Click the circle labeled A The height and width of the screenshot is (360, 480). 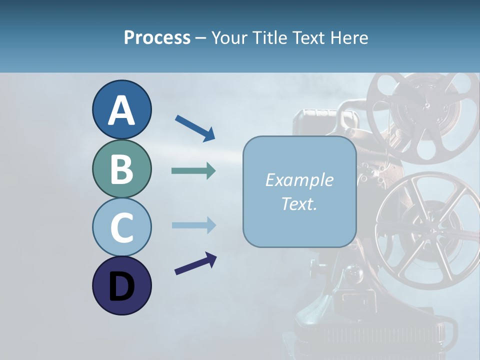tap(121, 109)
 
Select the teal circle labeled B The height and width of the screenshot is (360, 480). tap(121, 168)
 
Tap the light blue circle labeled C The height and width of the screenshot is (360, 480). tap(121, 227)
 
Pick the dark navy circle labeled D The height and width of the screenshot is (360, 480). tap(121, 285)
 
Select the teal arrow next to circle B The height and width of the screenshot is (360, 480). tap(193, 171)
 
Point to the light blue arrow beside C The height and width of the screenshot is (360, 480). tap(193, 225)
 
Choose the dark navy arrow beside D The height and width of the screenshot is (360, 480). tap(195, 263)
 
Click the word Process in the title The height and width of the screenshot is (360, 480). tap(157, 37)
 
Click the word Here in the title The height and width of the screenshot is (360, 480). tap(349, 37)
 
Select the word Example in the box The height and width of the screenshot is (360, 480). tap(299, 180)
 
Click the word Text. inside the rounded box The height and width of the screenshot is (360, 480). tap(299, 203)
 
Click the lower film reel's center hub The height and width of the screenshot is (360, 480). tap(431, 230)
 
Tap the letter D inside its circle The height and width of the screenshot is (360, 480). tap(121, 287)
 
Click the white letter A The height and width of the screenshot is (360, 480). tap(121, 110)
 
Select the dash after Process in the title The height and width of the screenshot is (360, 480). tap(201, 38)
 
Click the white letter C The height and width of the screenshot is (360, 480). tap(121, 228)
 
